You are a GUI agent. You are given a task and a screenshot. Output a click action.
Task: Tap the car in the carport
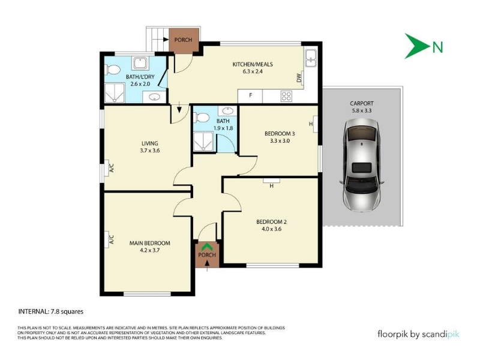362,166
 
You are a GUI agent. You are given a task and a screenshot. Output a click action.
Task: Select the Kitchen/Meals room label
253,64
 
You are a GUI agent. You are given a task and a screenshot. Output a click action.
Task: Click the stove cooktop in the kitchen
286,96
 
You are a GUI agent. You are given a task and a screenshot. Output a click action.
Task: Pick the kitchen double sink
311,58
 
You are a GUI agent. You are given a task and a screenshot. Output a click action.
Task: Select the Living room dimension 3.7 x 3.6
149,151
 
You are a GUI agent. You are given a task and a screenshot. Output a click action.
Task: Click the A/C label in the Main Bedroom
112,239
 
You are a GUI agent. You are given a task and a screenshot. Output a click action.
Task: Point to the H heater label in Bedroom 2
272,186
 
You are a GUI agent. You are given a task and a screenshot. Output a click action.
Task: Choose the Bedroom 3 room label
280,133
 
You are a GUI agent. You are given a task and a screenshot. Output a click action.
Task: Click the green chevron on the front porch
207,246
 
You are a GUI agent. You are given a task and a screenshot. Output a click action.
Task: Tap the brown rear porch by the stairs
184,40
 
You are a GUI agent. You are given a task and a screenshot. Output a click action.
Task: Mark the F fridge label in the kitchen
250,95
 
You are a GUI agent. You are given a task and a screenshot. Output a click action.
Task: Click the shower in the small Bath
203,141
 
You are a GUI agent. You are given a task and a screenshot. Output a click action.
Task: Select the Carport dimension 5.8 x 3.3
362,111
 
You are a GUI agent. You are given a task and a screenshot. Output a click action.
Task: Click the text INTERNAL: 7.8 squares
51,311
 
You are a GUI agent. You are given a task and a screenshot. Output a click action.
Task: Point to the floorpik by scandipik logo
418,334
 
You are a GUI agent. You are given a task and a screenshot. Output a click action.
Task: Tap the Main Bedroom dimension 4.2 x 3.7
149,250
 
